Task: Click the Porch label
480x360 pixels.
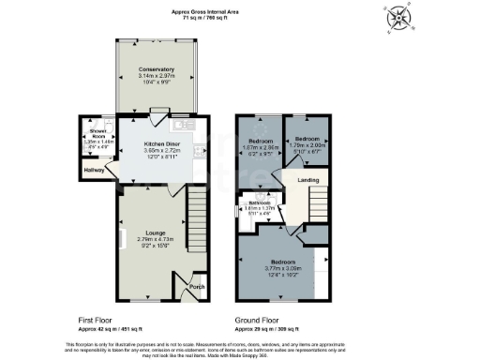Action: [197, 287]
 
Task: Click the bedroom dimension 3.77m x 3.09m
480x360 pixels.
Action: [284, 267]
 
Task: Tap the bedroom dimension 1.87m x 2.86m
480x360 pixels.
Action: [259, 147]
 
